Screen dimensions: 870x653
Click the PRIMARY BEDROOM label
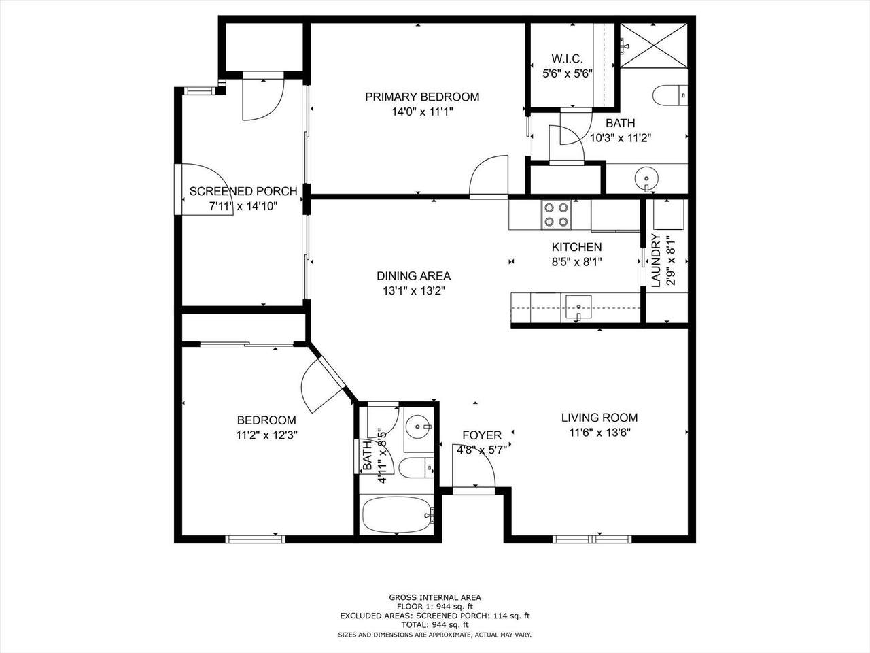pos(422,97)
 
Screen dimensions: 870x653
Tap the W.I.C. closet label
pos(567,59)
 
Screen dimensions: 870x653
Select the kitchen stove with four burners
pos(557,215)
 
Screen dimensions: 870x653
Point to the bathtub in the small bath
pos(397,516)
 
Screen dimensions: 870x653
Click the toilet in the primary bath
pos(669,95)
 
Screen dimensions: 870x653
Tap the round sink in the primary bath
pos(646,179)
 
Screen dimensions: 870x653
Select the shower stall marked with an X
pos(654,46)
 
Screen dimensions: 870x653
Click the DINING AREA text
pos(413,276)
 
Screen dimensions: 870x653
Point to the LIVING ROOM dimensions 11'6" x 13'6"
pos(599,433)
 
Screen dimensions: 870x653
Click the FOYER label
pos(482,435)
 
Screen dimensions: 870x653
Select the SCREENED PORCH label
pos(243,192)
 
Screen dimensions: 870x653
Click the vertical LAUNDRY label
pos(656,261)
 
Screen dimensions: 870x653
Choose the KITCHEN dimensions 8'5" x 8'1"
pos(576,262)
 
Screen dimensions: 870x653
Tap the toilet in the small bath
pos(416,467)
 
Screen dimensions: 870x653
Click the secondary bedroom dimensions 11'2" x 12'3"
pos(266,435)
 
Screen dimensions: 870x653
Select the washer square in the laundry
pos(669,214)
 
